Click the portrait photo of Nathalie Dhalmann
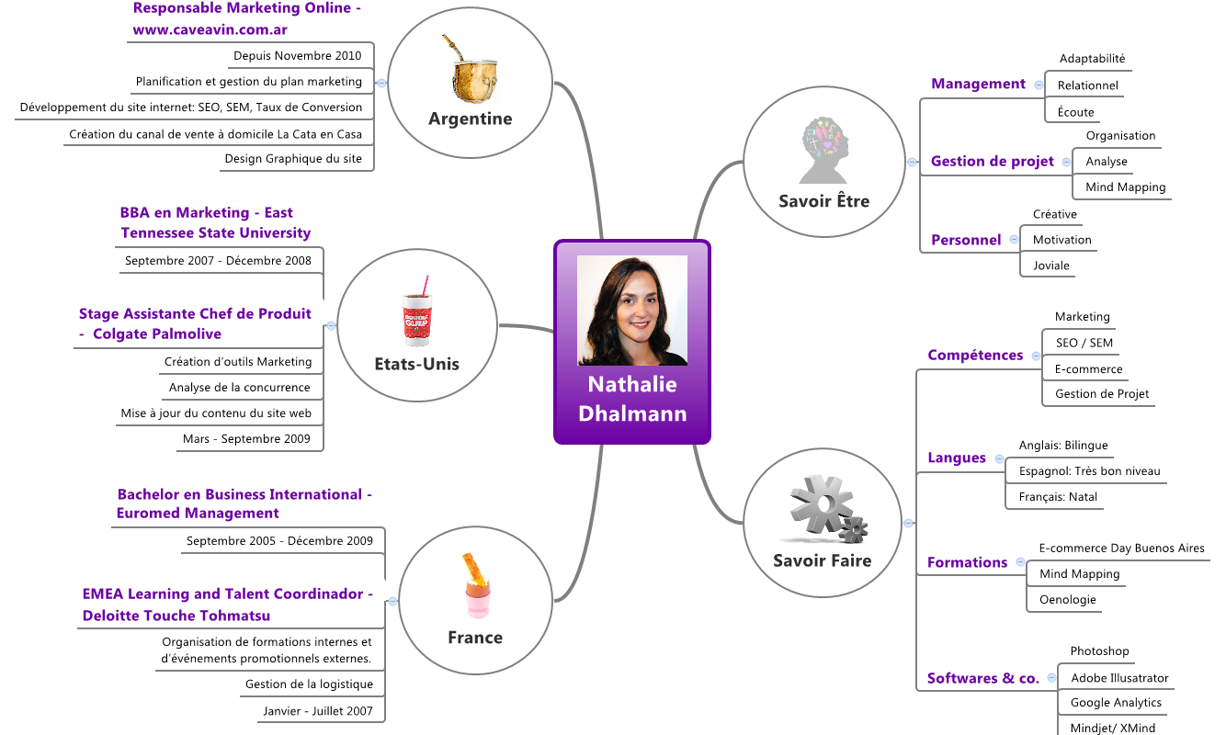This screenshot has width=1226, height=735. click(x=632, y=311)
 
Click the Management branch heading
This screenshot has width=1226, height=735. click(x=978, y=84)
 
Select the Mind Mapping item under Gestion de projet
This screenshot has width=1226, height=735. click(x=1125, y=187)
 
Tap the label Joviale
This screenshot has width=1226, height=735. click(x=1051, y=266)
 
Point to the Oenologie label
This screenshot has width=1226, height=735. click(x=1067, y=600)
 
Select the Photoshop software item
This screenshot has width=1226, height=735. click(x=1099, y=651)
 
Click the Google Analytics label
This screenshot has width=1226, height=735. click(x=1116, y=703)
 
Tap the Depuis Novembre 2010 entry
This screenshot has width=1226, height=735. click(x=297, y=56)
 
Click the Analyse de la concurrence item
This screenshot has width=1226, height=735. click(x=240, y=388)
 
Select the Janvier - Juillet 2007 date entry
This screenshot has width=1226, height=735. click(x=318, y=711)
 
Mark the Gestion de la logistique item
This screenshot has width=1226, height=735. click(x=309, y=684)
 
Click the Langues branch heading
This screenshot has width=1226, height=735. click(x=957, y=458)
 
